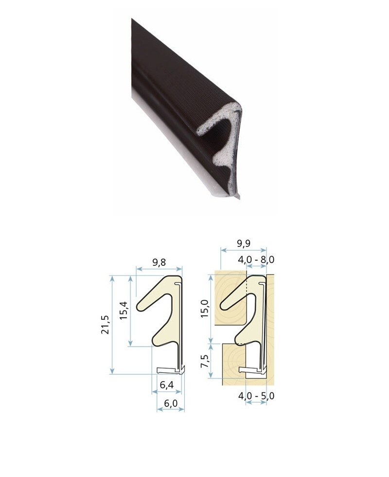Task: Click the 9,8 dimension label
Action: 159,262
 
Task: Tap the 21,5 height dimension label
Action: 105,325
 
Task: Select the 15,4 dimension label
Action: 124,310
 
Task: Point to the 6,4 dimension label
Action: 166,385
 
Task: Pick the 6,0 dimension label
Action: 171,403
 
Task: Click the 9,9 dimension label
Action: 243,243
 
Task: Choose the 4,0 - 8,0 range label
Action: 256,259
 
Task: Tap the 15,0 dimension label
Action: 204,309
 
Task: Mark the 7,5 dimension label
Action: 205,361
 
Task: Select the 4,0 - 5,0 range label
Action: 256,396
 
